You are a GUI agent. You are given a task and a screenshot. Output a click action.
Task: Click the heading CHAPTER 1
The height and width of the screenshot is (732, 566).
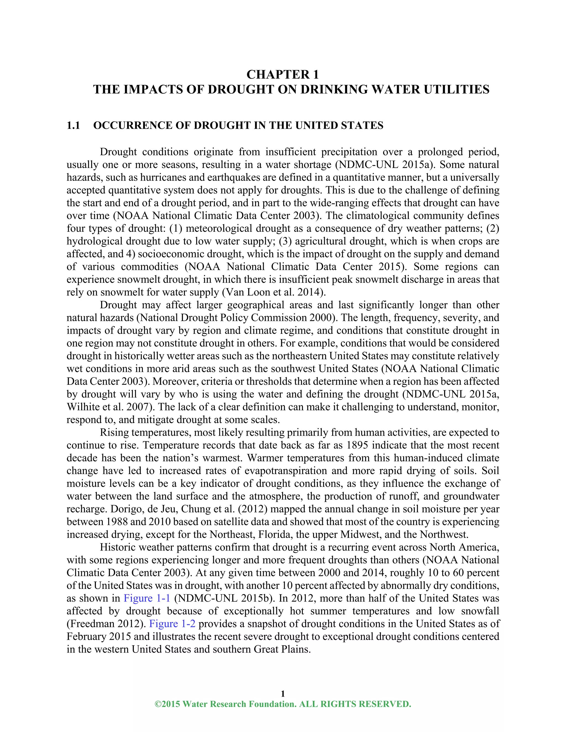pyautogui.click(x=283, y=74)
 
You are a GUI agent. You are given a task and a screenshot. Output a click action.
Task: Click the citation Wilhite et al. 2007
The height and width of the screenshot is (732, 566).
pyautogui.click(x=110, y=407)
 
